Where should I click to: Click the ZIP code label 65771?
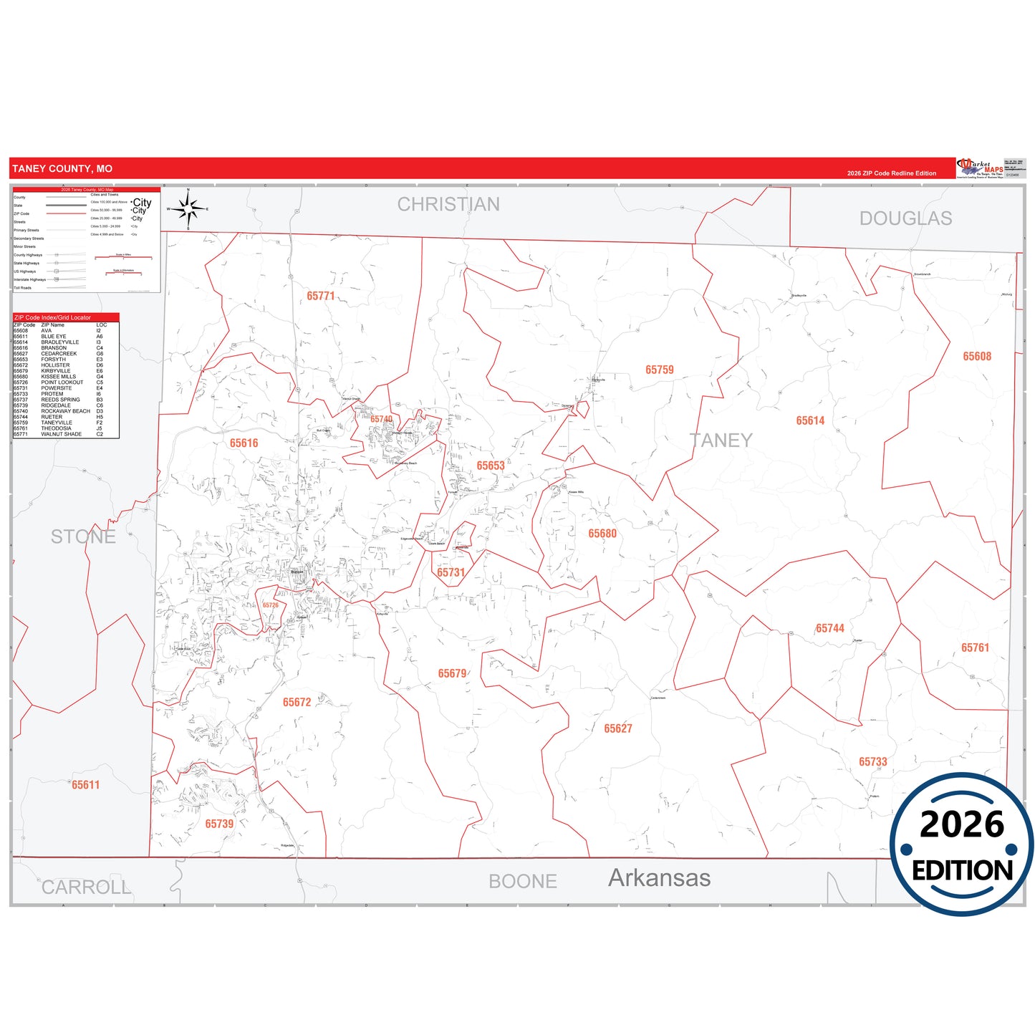click(x=320, y=296)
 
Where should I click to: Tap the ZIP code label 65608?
click(x=976, y=356)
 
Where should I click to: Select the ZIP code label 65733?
click(x=872, y=761)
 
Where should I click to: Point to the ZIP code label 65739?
click(x=219, y=824)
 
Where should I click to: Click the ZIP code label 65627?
click(x=617, y=728)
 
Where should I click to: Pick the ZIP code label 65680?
click(x=602, y=534)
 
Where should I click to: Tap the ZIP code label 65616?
click(x=244, y=443)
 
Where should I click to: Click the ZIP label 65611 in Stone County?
click(x=85, y=785)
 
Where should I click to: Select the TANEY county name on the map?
click(x=721, y=441)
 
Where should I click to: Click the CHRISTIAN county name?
click(x=448, y=205)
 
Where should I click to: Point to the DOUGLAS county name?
click(x=905, y=218)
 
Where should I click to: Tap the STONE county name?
click(x=83, y=536)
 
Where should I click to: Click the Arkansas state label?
click(x=659, y=878)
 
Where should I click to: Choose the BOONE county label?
click(x=523, y=882)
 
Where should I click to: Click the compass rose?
click(x=188, y=209)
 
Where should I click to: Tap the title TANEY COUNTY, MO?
click(x=62, y=169)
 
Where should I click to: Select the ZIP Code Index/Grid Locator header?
click(x=53, y=317)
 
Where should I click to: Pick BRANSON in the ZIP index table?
click(x=54, y=348)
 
